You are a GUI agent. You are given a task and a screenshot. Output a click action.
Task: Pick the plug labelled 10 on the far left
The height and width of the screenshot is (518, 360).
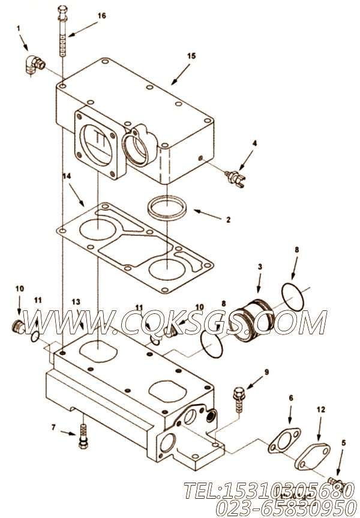coord(19,327)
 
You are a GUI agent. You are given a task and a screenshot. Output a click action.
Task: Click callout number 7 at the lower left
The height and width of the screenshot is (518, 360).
coord(53,427)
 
